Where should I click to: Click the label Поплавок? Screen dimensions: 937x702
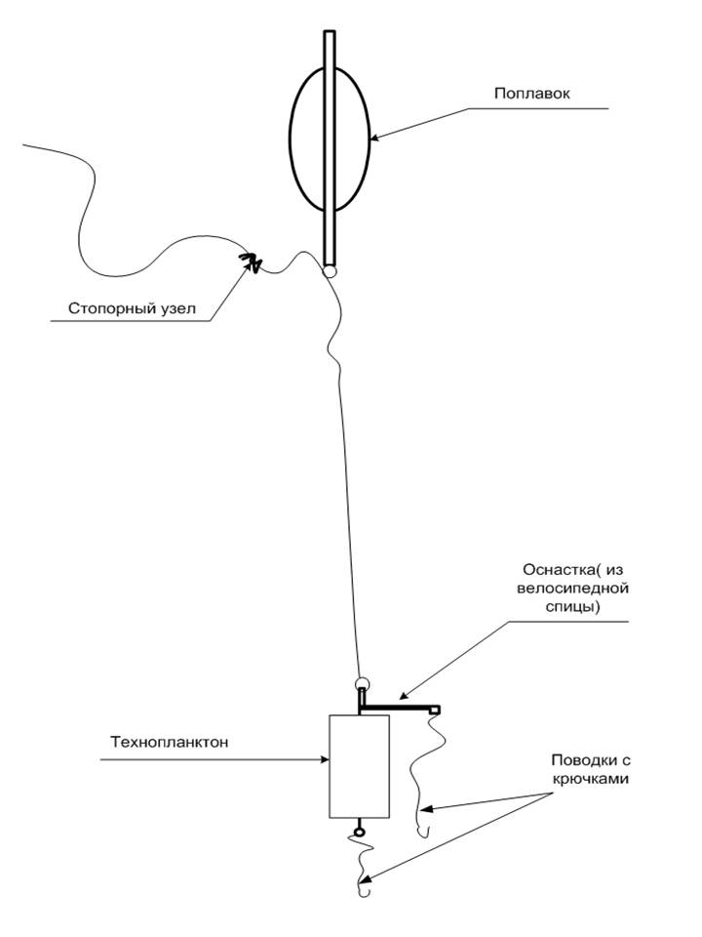coord(531,94)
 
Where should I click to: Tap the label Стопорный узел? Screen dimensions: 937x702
coord(132,308)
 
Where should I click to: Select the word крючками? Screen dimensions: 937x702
coord(584,779)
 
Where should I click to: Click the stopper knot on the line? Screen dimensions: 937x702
coord(253,262)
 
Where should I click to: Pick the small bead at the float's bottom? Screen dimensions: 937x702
coord(331,270)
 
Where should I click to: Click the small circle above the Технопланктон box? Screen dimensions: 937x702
coord(362,683)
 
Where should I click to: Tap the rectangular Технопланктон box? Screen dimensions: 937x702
coord(359,765)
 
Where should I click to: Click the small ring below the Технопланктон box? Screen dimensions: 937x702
coord(359,832)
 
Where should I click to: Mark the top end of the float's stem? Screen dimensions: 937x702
coord(330,34)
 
